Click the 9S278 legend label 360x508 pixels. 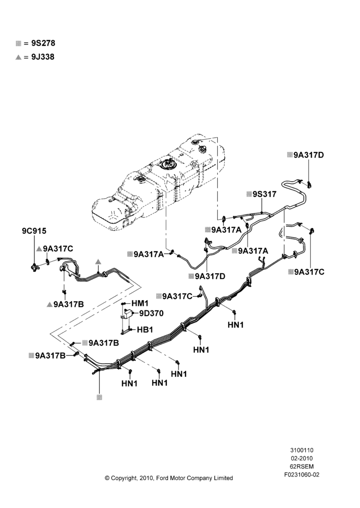point(43,43)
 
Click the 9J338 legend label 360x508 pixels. point(43,57)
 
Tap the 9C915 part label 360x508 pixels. point(34,231)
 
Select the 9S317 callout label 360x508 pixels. point(264,194)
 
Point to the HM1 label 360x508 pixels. point(140,304)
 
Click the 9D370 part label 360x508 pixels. point(152,313)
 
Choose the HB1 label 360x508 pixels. point(145,330)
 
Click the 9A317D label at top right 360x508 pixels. point(309,155)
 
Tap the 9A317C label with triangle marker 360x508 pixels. point(58,248)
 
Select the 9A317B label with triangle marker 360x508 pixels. point(69,304)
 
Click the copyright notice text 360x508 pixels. point(169,478)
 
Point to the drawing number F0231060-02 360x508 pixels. point(302,474)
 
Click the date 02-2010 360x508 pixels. point(302,458)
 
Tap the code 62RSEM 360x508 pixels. point(302,466)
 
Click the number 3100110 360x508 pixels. point(302,450)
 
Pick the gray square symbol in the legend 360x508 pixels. point(18,43)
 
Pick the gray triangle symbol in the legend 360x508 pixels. point(18,57)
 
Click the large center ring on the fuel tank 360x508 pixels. point(168,165)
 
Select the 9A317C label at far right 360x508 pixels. point(309,272)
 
